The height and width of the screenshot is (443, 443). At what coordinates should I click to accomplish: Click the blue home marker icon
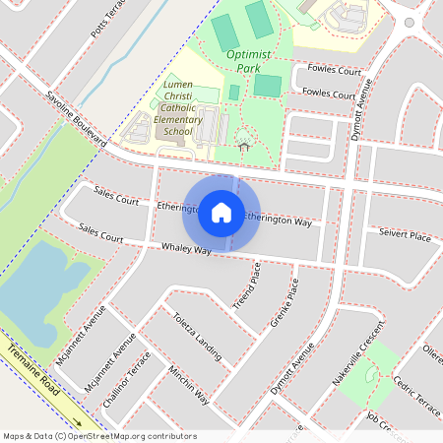pos(221,213)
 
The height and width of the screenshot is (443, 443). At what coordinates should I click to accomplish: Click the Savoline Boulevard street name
pos(76,121)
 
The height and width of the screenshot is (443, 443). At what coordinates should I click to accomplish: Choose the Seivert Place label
pos(405,236)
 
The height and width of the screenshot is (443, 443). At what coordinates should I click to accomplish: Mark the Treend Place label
pos(245,285)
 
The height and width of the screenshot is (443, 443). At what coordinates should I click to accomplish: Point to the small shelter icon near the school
pos(243,147)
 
